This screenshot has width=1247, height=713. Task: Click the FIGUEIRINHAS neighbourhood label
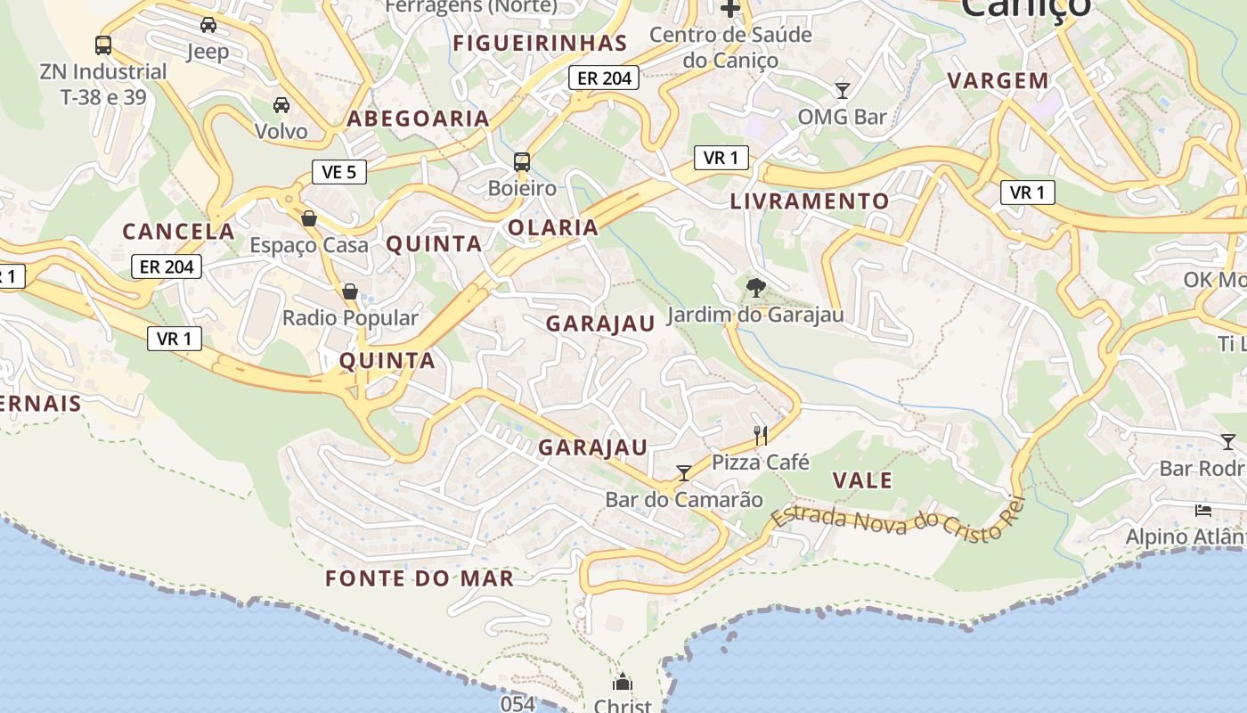click(540, 43)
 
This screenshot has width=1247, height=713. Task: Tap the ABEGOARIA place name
click(418, 119)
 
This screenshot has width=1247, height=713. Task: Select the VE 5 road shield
click(339, 172)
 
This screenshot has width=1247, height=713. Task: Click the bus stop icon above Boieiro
click(522, 162)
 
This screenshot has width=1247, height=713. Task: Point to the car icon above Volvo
click(281, 105)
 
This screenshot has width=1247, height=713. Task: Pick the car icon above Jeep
click(208, 25)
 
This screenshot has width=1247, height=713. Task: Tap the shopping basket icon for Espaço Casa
click(309, 218)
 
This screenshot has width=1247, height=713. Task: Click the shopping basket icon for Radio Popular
click(350, 291)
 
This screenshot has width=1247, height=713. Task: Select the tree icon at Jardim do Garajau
click(755, 287)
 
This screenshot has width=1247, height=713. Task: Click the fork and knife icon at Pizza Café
click(761, 435)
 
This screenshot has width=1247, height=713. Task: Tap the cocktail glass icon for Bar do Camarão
click(684, 472)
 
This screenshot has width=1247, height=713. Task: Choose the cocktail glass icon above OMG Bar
click(842, 90)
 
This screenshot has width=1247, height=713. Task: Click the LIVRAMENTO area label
click(810, 201)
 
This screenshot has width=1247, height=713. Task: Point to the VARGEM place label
click(998, 80)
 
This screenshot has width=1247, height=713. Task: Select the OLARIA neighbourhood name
click(552, 227)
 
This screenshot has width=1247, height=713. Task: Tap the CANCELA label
click(178, 232)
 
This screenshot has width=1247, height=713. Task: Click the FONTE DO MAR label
click(420, 578)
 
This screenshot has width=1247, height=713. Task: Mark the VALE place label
click(862, 480)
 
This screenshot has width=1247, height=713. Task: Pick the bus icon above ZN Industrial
click(103, 45)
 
